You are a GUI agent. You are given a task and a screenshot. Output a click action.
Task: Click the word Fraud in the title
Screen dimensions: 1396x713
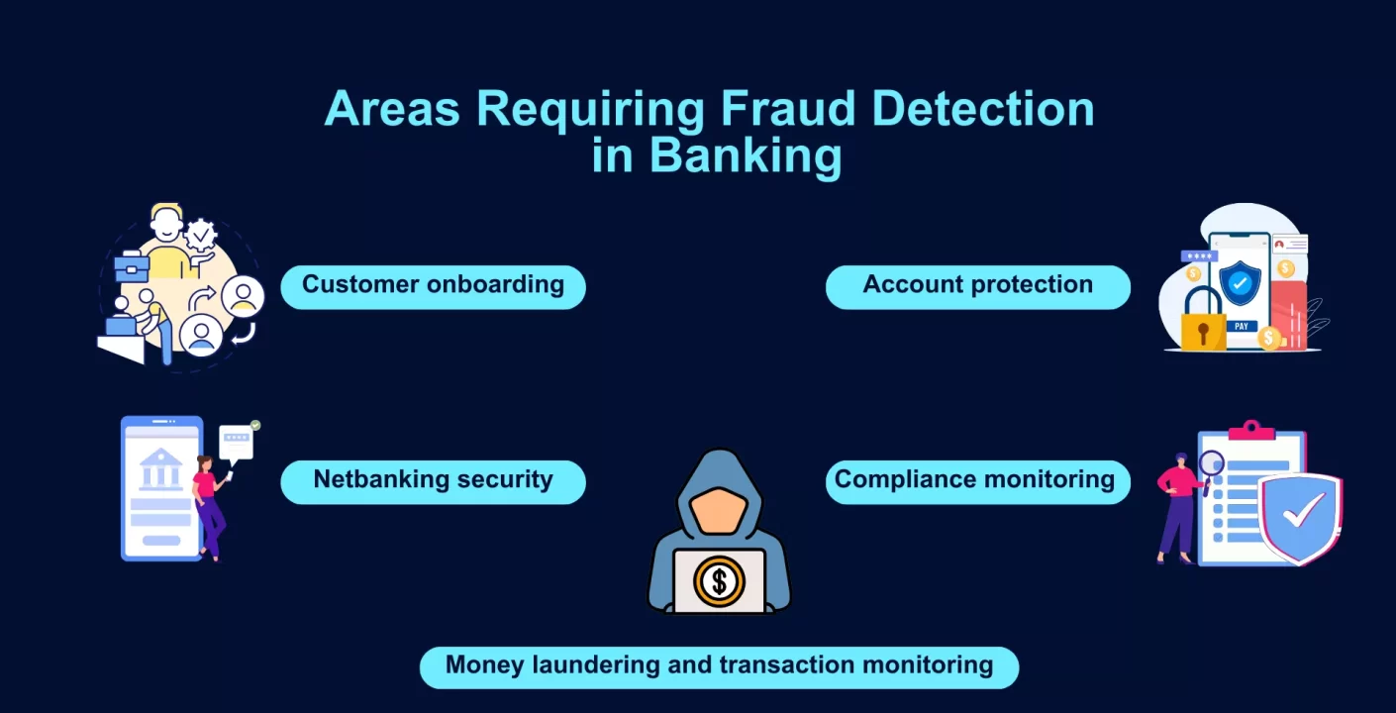[x=788, y=109]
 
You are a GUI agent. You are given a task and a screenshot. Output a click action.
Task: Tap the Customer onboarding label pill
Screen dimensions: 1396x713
[x=433, y=287]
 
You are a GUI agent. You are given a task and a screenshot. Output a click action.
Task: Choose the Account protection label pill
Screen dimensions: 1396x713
[x=978, y=287]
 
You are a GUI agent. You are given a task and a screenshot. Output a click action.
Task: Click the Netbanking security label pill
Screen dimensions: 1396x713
[x=433, y=482]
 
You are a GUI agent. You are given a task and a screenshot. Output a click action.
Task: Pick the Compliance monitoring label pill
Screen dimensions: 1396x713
[x=978, y=482]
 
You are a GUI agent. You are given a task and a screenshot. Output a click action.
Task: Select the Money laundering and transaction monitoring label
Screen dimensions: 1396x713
[x=719, y=667]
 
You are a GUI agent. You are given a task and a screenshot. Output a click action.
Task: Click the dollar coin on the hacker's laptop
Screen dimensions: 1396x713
[x=719, y=581]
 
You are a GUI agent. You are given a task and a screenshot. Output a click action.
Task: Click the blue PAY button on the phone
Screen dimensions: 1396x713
[x=1241, y=327]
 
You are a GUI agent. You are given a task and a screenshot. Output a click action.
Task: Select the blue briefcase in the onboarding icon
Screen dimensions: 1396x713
[x=132, y=266]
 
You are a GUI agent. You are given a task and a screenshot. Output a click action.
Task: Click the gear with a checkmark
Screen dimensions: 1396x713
[x=201, y=235]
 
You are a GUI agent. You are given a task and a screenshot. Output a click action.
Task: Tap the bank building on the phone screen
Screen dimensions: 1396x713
[x=160, y=468]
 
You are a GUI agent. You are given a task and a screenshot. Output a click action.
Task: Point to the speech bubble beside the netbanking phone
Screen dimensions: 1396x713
[x=237, y=444]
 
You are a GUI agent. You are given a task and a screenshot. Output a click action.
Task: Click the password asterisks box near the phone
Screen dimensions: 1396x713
[x=1199, y=256]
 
